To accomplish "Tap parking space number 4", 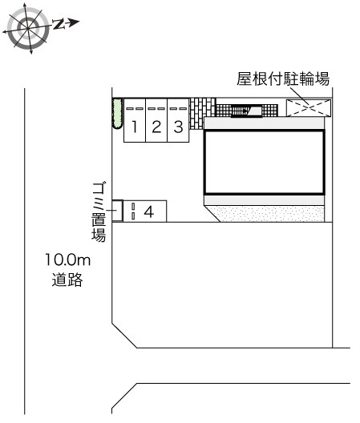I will coord(149,211).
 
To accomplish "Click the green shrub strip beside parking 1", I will coord(116,114).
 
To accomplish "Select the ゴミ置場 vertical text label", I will coord(99,210).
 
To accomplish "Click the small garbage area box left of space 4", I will coord(117,210).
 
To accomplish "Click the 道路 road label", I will coord(67,281).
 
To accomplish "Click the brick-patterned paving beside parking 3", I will coord(203,107).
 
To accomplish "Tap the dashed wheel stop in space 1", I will coord(135,107).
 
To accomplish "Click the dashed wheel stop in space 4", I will coord(133,211).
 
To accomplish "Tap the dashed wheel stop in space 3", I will coord(178,107).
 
